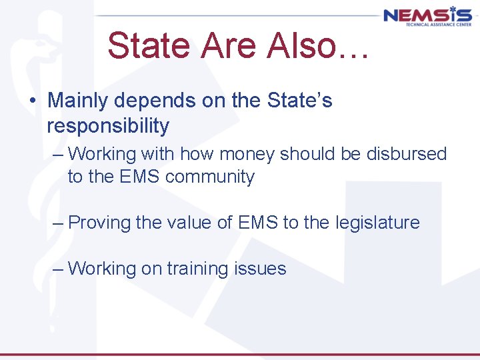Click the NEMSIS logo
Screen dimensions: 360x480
click(x=427, y=16)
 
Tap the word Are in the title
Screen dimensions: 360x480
click(x=223, y=47)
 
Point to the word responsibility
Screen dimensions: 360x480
click(x=108, y=125)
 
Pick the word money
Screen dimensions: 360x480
click(x=247, y=154)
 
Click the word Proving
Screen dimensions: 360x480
click(x=99, y=222)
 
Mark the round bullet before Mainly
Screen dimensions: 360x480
click(x=31, y=102)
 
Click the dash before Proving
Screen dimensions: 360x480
click(x=59, y=223)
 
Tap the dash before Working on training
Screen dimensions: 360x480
click(x=59, y=269)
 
